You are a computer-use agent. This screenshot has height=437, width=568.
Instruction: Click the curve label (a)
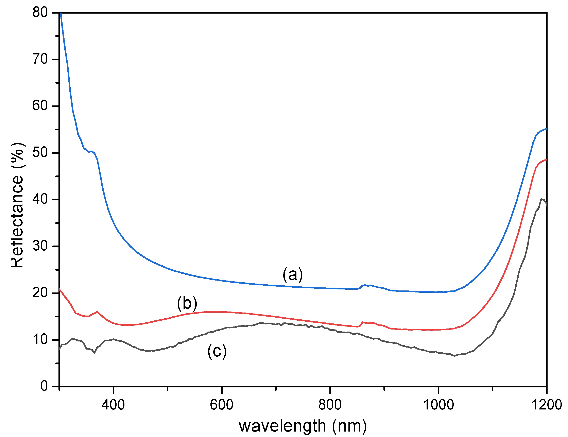click(293, 275)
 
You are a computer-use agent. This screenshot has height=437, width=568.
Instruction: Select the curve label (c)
click(217, 351)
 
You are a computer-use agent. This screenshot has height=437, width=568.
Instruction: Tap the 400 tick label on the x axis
click(113, 405)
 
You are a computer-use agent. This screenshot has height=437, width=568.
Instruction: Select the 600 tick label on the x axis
click(221, 405)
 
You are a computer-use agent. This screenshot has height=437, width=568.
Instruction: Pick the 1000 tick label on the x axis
click(438, 405)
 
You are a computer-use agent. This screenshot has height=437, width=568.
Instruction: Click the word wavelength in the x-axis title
click(282, 426)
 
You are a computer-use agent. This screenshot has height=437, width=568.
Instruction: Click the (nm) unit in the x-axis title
click(349, 426)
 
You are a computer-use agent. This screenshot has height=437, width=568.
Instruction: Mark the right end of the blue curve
click(546, 129)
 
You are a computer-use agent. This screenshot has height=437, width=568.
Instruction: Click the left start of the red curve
click(60, 289)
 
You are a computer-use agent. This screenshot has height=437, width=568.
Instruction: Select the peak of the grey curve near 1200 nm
click(541, 199)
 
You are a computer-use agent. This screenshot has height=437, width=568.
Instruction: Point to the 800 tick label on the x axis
click(330, 405)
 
